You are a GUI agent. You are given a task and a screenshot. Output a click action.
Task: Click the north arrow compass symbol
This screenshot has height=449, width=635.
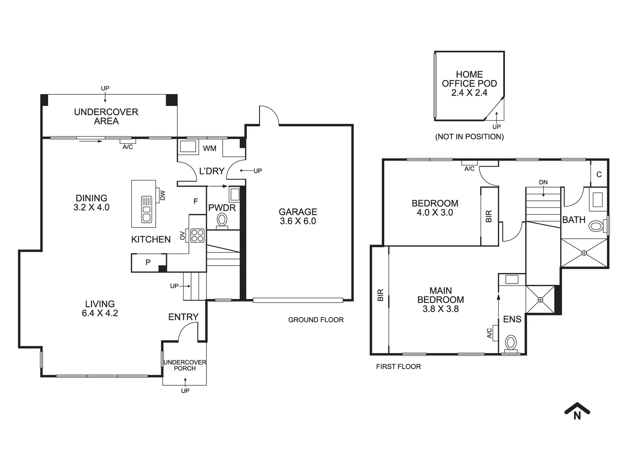click(577, 411)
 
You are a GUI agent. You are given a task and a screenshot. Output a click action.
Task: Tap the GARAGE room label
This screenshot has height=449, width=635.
click(298, 212)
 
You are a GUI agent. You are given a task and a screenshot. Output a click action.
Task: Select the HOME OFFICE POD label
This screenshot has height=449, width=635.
click(469, 79)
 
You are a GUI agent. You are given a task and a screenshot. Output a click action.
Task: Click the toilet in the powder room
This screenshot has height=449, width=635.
click(222, 221)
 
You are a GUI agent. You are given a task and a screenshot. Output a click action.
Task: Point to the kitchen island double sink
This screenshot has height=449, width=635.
click(146, 210)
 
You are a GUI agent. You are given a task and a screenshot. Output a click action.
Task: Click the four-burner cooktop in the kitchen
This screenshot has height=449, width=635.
click(198, 236)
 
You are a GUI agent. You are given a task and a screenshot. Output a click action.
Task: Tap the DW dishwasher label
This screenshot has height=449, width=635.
click(162, 195)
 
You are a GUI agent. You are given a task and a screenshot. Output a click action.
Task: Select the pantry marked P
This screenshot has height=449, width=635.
click(149, 262)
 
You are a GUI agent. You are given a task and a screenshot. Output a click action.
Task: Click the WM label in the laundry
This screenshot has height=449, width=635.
click(209, 148)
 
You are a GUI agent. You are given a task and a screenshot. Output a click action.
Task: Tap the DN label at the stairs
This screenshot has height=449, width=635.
click(543, 182)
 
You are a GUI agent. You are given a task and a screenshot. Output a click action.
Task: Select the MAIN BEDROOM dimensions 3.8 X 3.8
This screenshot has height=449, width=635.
click(441, 309)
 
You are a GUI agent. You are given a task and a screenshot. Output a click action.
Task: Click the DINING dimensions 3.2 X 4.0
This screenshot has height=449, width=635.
click(91, 207)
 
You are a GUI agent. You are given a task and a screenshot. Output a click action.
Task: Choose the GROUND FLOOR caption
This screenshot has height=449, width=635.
click(316, 320)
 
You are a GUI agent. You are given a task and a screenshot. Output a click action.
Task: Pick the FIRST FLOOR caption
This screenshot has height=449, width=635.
click(398, 367)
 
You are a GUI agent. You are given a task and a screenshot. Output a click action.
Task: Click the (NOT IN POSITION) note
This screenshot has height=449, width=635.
click(469, 137)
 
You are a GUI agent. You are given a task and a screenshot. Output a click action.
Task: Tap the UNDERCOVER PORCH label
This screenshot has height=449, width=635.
click(185, 365)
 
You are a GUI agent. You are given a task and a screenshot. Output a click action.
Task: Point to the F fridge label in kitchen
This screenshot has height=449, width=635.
click(196, 201)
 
